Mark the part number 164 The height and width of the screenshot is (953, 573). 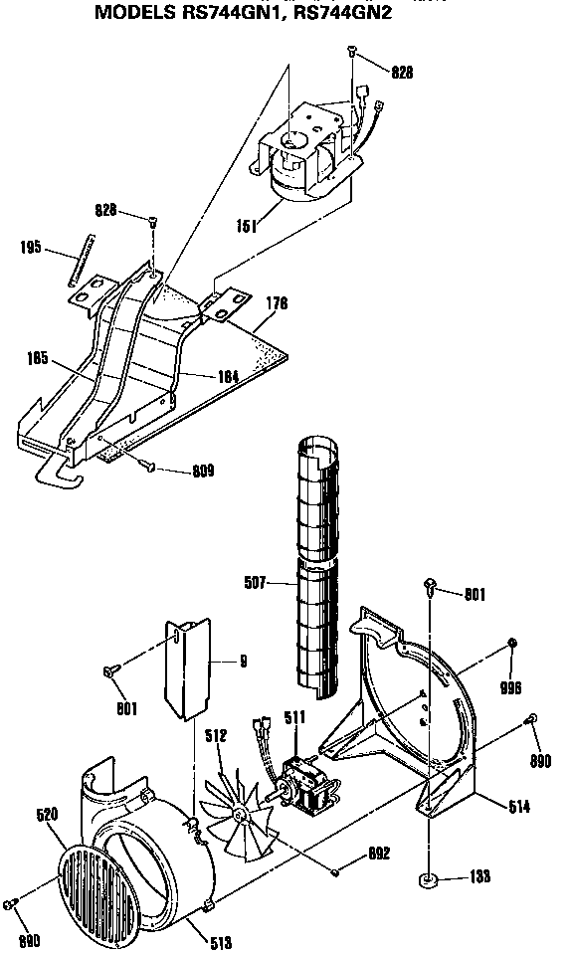(230, 376)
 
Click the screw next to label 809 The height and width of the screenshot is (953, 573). (149, 466)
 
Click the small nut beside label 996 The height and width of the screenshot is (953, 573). (511, 644)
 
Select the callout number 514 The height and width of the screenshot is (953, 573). (517, 807)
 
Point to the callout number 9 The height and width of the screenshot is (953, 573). (243, 661)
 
